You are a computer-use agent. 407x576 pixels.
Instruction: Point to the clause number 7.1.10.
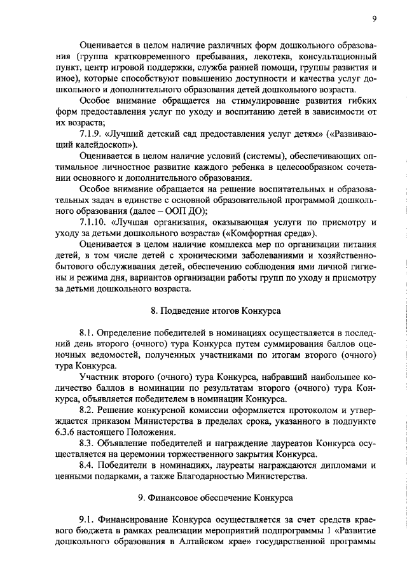click(96, 222)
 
